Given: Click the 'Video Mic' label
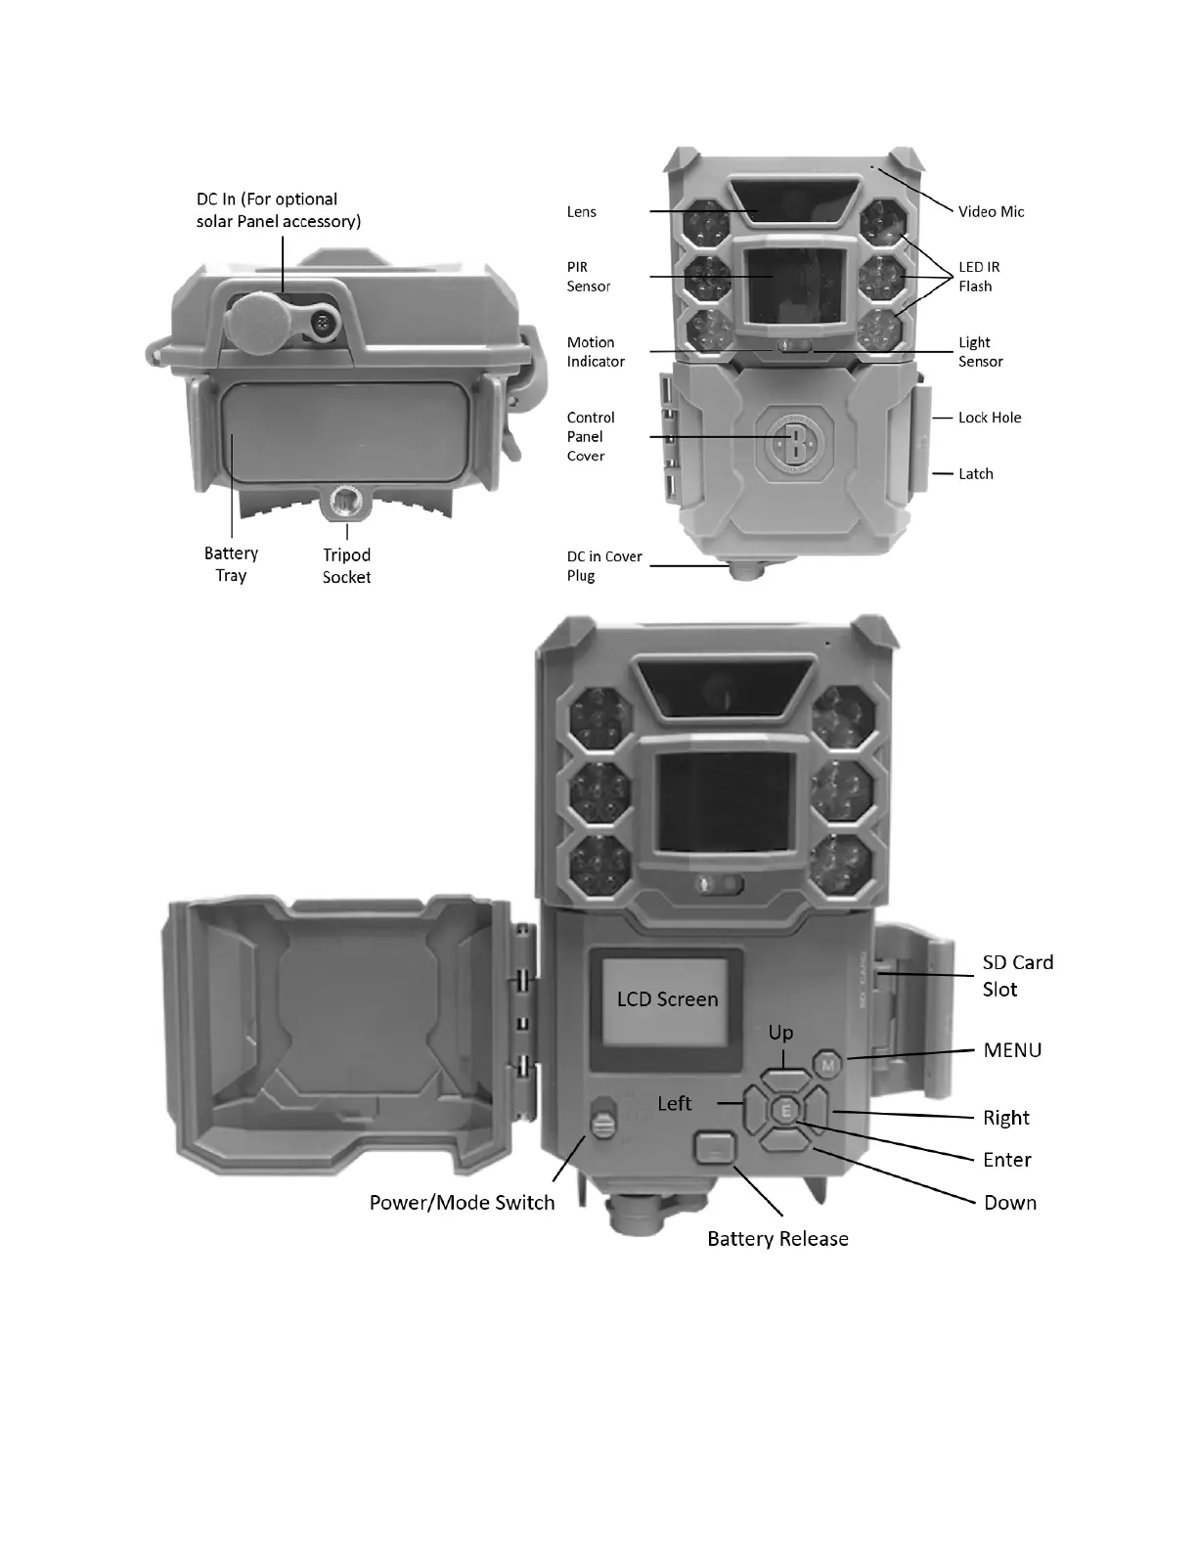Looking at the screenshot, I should point(991,211).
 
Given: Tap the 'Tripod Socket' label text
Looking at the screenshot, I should point(346,566).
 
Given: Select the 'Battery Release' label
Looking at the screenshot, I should point(777,1239).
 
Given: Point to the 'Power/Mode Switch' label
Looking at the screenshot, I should point(462,1203).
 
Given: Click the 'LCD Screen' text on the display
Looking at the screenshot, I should point(667,999).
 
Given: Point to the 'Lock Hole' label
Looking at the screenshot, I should point(990,418).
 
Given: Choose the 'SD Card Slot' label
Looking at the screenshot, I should point(1018,976).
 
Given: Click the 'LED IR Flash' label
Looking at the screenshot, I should point(978,277).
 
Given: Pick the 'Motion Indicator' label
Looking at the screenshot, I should point(596,352).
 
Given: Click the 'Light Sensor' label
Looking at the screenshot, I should point(980,352).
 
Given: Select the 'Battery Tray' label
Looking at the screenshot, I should point(231,564).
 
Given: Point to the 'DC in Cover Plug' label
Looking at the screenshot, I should point(604,566).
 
